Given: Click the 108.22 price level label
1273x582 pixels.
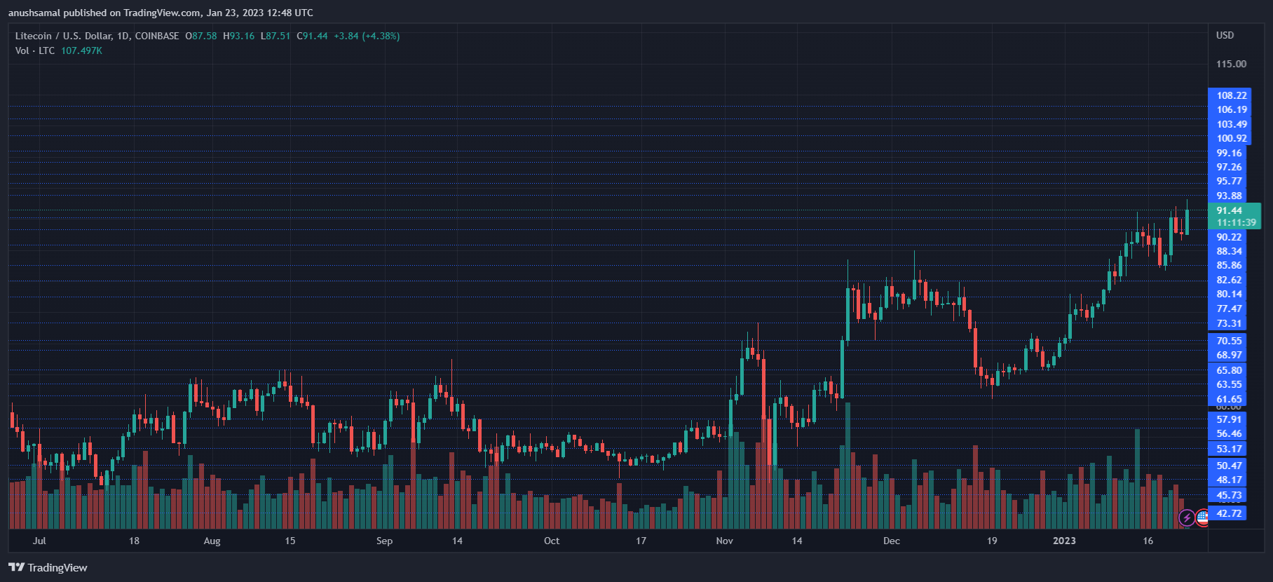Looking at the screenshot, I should (1231, 95).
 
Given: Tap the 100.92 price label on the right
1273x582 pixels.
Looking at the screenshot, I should (1231, 138).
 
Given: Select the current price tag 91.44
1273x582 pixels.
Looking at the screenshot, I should (1229, 210).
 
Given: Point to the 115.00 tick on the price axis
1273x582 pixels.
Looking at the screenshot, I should (1231, 64).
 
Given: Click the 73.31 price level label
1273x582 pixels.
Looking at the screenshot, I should (1229, 323).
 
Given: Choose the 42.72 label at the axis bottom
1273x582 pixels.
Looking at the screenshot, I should (1229, 513).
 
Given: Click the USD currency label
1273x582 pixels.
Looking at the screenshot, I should (1225, 35).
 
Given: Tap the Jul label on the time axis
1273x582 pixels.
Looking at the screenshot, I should (39, 541).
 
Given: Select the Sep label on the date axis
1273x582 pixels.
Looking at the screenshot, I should (384, 541).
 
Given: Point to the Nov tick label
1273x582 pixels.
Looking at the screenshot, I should (724, 541).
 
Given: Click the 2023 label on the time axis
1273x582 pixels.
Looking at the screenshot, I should (1064, 541).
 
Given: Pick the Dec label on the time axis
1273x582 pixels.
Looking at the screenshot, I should (891, 541).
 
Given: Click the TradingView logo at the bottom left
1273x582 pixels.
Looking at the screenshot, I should (48, 567).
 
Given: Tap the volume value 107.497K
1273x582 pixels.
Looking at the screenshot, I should (81, 50).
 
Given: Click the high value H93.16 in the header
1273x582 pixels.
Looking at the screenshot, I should (238, 36).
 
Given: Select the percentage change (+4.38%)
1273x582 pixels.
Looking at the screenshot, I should (381, 36).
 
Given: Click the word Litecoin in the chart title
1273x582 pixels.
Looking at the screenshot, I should (33, 36).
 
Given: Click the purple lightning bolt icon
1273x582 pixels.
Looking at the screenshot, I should (1186, 518).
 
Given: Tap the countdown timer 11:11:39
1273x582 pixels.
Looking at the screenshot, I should (1236, 222).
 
